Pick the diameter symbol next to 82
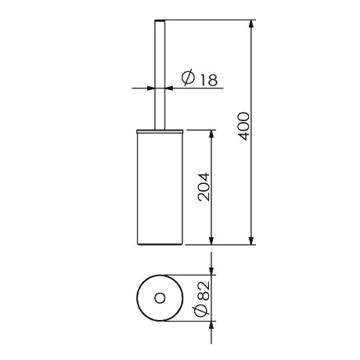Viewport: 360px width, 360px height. [202, 311]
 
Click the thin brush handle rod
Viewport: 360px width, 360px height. [160, 70]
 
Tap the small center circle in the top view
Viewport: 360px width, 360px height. [160, 298]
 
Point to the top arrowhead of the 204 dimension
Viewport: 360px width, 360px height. [211, 131]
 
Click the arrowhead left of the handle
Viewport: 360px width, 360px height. [150, 88]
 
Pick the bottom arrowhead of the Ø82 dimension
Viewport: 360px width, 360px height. [211, 327]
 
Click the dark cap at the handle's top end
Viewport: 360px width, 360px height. [160, 18]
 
